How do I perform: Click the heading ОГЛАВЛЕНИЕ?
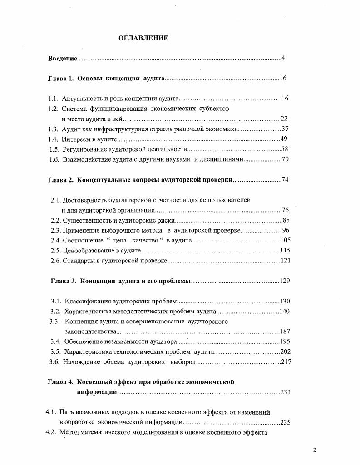(143, 38)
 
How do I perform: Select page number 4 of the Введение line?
(283, 58)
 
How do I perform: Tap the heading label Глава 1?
(60, 79)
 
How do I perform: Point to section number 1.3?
(53, 129)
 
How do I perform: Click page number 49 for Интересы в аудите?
(284, 139)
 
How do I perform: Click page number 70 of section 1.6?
(285, 159)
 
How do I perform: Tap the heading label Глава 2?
(60, 179)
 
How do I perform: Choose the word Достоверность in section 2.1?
(84, 200)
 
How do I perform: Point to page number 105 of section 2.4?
(286, 240)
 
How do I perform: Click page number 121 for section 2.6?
(286, 261)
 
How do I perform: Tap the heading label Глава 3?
(63, 281)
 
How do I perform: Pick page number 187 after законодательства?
(285, 331)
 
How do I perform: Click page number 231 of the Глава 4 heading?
(285, 392)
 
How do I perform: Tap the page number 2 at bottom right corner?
(314, 450)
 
